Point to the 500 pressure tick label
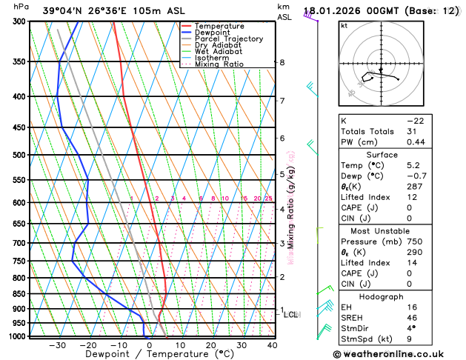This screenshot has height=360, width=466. click(x=19, y=155)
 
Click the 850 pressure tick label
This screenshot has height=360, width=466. click(x=19, y=294)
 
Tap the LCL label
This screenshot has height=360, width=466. click(x=290, y=315)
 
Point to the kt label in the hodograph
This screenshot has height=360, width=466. click(x=344, y=25)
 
